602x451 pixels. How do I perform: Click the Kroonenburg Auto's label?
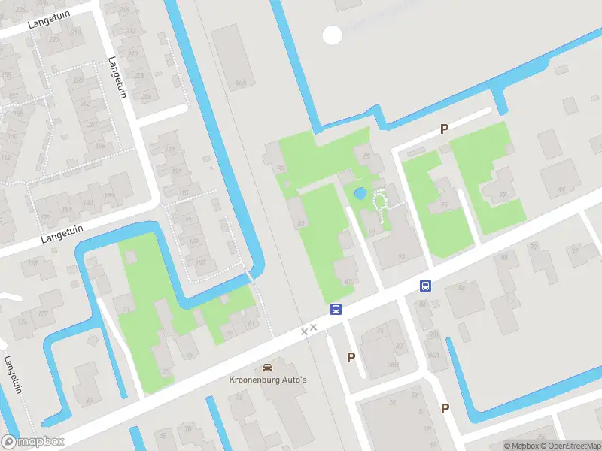(267, 380)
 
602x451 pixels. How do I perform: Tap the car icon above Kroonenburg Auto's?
(267, 368)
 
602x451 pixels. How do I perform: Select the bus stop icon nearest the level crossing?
(336, 309)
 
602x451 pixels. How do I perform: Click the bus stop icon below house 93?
(425, 286)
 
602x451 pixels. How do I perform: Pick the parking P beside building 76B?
(351, 357)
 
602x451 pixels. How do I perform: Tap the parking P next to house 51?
(445, 408)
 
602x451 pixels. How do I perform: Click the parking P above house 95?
(444, 129)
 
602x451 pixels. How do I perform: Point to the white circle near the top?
(332, 34)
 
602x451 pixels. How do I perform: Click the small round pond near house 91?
(360, 193)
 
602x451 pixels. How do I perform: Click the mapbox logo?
(33, 442)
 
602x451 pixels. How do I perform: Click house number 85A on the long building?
(242, 82)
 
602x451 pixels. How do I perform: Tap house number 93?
(400, 256)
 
